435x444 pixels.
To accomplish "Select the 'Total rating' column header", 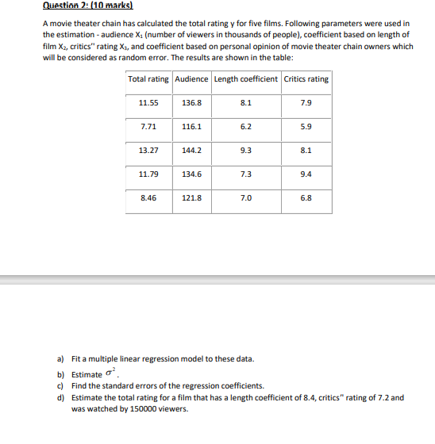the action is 148,79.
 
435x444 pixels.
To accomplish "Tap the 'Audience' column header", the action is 191,79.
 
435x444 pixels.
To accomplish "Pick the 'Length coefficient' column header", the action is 246,79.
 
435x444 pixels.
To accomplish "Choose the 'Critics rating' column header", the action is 306,79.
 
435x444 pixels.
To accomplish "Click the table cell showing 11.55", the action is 148,103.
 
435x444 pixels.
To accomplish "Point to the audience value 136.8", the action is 191,103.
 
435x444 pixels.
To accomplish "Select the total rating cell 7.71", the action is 148,127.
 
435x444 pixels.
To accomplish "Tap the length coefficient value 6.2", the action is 246,127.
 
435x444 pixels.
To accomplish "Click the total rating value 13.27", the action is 148,150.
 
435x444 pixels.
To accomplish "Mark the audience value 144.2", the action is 191,150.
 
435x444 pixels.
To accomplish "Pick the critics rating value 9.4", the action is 306,174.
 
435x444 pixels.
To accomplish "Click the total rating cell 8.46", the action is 148,197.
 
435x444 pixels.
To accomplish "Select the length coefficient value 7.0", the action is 246,197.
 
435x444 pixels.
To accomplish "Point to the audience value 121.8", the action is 191,197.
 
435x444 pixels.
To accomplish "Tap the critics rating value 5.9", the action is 306,127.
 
